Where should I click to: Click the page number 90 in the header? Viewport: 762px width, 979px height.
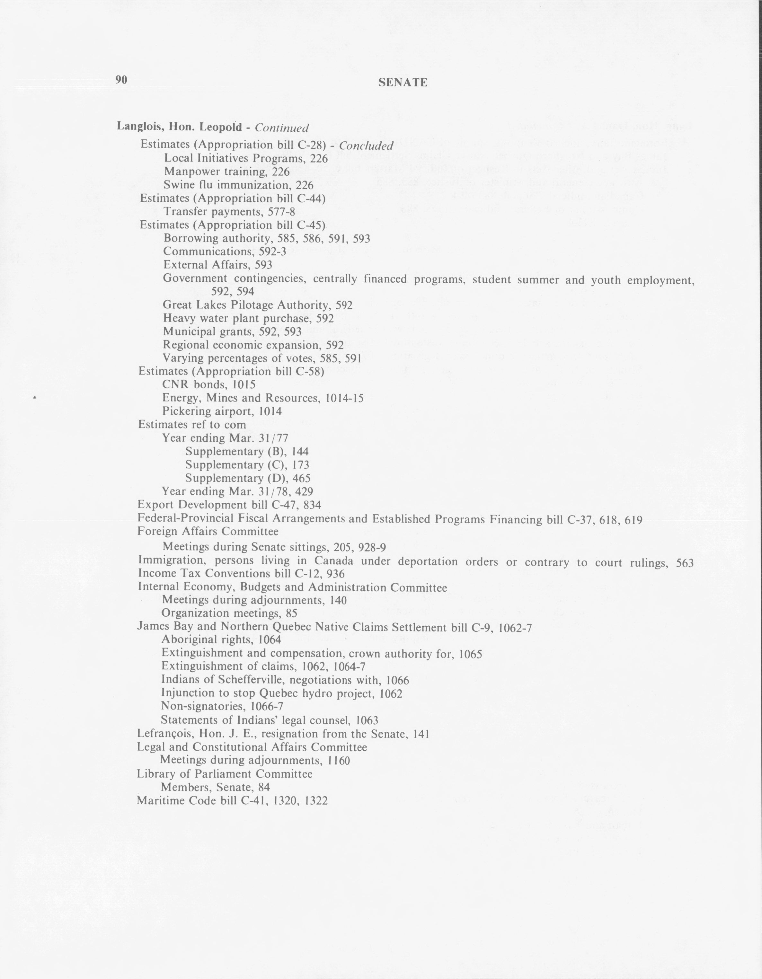[x=121, y=80]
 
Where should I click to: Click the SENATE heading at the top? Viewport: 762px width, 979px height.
[x=402, y=83]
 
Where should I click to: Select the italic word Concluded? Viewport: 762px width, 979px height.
[x=366, y=146]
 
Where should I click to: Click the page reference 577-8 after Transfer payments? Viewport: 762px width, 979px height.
[x=281, y=212]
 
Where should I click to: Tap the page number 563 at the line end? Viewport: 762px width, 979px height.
[x=685, y=563]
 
